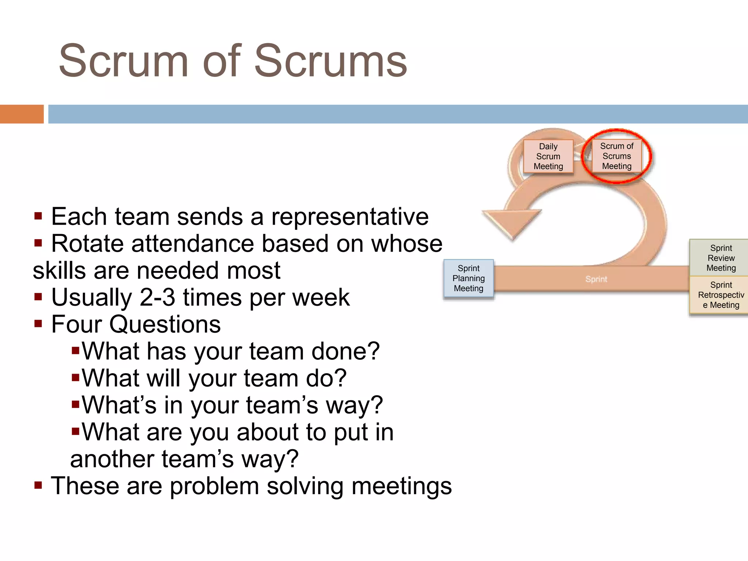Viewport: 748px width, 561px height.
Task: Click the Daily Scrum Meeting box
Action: (x=548, y=156)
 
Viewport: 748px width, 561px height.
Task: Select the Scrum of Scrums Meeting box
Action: (x=617, y=156)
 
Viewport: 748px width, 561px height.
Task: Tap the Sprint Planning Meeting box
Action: (x=469, y=278)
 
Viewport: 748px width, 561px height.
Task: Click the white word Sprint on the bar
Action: (x=596, y=279)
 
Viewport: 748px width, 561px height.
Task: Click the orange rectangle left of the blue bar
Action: (x=22, y=114)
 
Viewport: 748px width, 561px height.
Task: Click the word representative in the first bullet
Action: (x=350, y=217)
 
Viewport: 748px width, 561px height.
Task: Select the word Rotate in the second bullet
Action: (x=87, y=244)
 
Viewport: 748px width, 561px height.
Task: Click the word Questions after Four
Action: (x=165, y=324)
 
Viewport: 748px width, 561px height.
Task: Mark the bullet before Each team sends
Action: (x=38, y=217)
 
